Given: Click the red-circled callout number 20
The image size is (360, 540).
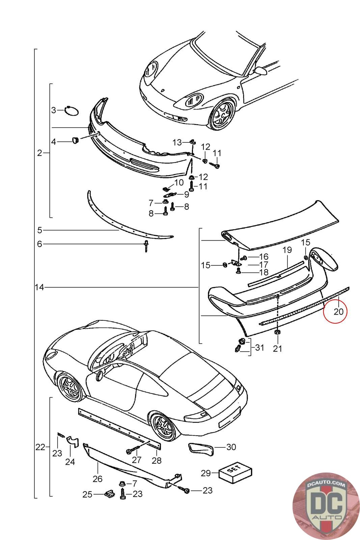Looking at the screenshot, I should pyautogui.click(x=338, y=311).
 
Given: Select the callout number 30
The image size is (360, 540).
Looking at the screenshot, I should pyautogui.click(x=231, y=447).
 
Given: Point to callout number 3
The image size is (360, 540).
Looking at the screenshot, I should pyautogui.click(x=54, y=110).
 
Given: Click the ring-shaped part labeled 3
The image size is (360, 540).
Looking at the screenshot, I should pyautogui.click(x=72, y=110).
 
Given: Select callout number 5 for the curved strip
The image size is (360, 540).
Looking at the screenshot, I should pyautogui.click(x=39, y=230).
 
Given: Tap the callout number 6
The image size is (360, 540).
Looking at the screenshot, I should pyautogui.click(x=39, y=244).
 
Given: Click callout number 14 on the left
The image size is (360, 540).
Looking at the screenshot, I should pyautogui.click(x=39, y=287).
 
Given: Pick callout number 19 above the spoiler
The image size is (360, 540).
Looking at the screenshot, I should pyautogui.click(x=287, y=250).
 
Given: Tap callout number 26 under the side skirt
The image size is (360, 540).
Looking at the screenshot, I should pyautogui.click(x=98, y=478).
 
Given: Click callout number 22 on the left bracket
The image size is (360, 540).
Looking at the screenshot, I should pyautogui.click(x=40, y=447).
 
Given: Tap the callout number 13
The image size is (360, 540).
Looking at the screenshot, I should pyautogui.click(x=177, y=142).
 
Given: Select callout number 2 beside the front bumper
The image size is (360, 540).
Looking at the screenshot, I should pyautogui.click(x=39, y=153).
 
